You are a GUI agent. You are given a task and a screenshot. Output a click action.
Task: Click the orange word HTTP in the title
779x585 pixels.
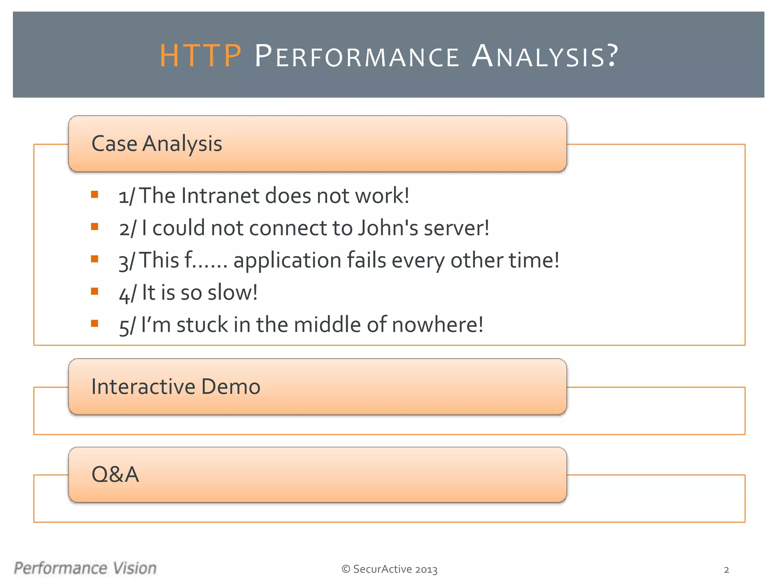(200, 56)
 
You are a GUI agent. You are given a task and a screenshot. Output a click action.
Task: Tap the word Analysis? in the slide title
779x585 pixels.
(545, 56)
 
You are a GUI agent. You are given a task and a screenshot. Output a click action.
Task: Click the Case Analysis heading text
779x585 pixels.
(157, 144)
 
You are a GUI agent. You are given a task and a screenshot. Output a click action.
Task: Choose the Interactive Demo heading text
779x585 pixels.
(176, 387)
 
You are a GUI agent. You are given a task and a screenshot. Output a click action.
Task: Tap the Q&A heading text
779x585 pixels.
(115, 475)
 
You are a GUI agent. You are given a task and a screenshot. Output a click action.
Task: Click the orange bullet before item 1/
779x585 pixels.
(95, 195)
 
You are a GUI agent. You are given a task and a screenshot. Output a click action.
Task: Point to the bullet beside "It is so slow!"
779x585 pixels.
(95, 291)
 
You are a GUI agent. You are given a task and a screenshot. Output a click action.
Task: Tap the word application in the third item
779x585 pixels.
(287, 261)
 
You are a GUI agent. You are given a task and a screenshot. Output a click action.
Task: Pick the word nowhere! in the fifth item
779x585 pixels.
(437, 325)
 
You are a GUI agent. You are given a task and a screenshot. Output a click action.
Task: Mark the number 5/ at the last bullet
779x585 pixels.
(127, 326)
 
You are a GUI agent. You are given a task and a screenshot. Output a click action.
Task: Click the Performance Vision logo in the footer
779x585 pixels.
(85, 568)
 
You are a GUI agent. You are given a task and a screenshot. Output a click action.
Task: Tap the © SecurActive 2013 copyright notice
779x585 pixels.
(389, 569)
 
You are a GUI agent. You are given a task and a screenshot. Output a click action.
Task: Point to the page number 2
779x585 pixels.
(726, 570)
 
